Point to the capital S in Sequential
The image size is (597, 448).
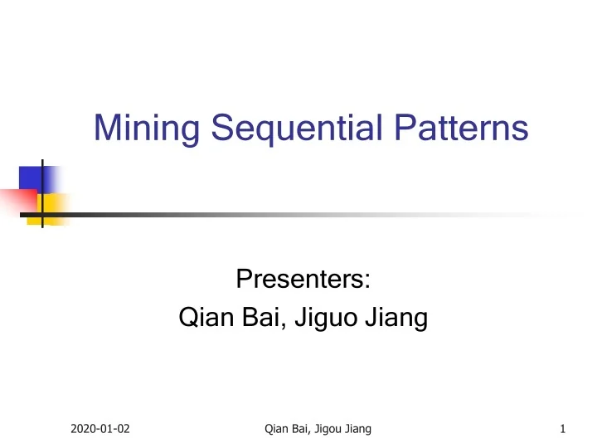click(x=222, y=129)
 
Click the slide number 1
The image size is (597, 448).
click(x=563, y=429)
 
